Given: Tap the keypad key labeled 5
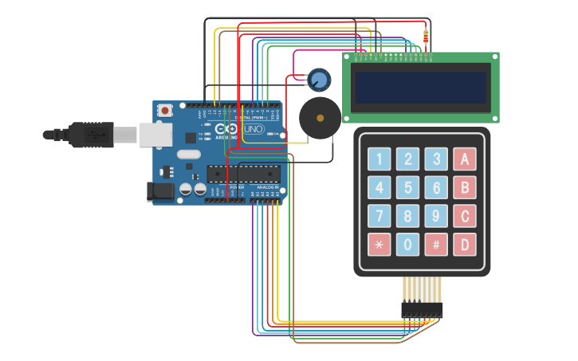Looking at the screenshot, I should [x=408, y=187].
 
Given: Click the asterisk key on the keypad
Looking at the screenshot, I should [x=379, y=244].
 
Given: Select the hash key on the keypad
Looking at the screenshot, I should [x=436, y=244].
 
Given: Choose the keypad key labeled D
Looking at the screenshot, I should [x=465, y=244].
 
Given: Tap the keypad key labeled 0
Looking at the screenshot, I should [x=408, y=244].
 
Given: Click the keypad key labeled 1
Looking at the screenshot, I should [x=379, y=159].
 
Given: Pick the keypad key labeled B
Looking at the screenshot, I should [x=465, y=187].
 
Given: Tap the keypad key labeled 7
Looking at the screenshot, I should [x=379, y=216].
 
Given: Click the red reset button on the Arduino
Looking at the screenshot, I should [x=165, y=111].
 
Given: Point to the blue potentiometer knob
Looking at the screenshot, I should [x=319, y=79].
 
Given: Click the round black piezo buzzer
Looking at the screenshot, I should [x=320, y=118].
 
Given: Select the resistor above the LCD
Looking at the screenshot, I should [x=426, y=37].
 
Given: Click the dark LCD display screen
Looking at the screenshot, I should [x=421, y=88].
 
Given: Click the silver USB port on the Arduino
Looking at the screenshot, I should [x=155, y=135].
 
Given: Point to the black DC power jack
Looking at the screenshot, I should [x=160, y=190].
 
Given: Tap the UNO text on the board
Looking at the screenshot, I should [x=253, y=129].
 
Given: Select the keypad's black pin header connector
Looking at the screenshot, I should [x=422, y=309].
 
